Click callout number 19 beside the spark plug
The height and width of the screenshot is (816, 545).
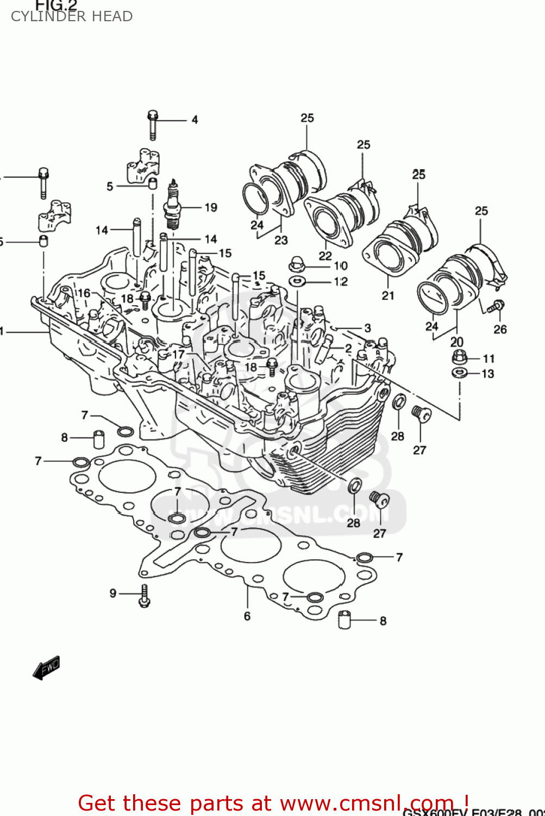point(211,207)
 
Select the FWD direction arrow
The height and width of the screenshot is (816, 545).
point(47,667)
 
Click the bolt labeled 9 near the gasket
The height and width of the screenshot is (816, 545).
point(144,596)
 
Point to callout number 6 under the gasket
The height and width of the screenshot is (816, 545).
point(247,616)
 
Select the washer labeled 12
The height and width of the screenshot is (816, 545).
point(297,281)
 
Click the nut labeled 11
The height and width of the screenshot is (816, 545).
point(460,358)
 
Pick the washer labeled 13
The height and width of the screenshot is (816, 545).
point(459,373)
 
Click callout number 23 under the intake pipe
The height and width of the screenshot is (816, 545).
point(281,240)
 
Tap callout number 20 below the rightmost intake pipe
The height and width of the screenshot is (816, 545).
point(456,342)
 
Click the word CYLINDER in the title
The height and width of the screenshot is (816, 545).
point(41,16)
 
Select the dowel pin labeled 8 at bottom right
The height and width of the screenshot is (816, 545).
point(344,620)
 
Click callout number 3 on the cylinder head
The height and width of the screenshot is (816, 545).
point(368,327)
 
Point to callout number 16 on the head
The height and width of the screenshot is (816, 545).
point(84,293)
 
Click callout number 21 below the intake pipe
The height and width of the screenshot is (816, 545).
point(387,295)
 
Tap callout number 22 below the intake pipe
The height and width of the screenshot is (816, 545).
point(325,256)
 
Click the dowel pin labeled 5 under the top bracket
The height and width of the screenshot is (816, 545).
point(153,183)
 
